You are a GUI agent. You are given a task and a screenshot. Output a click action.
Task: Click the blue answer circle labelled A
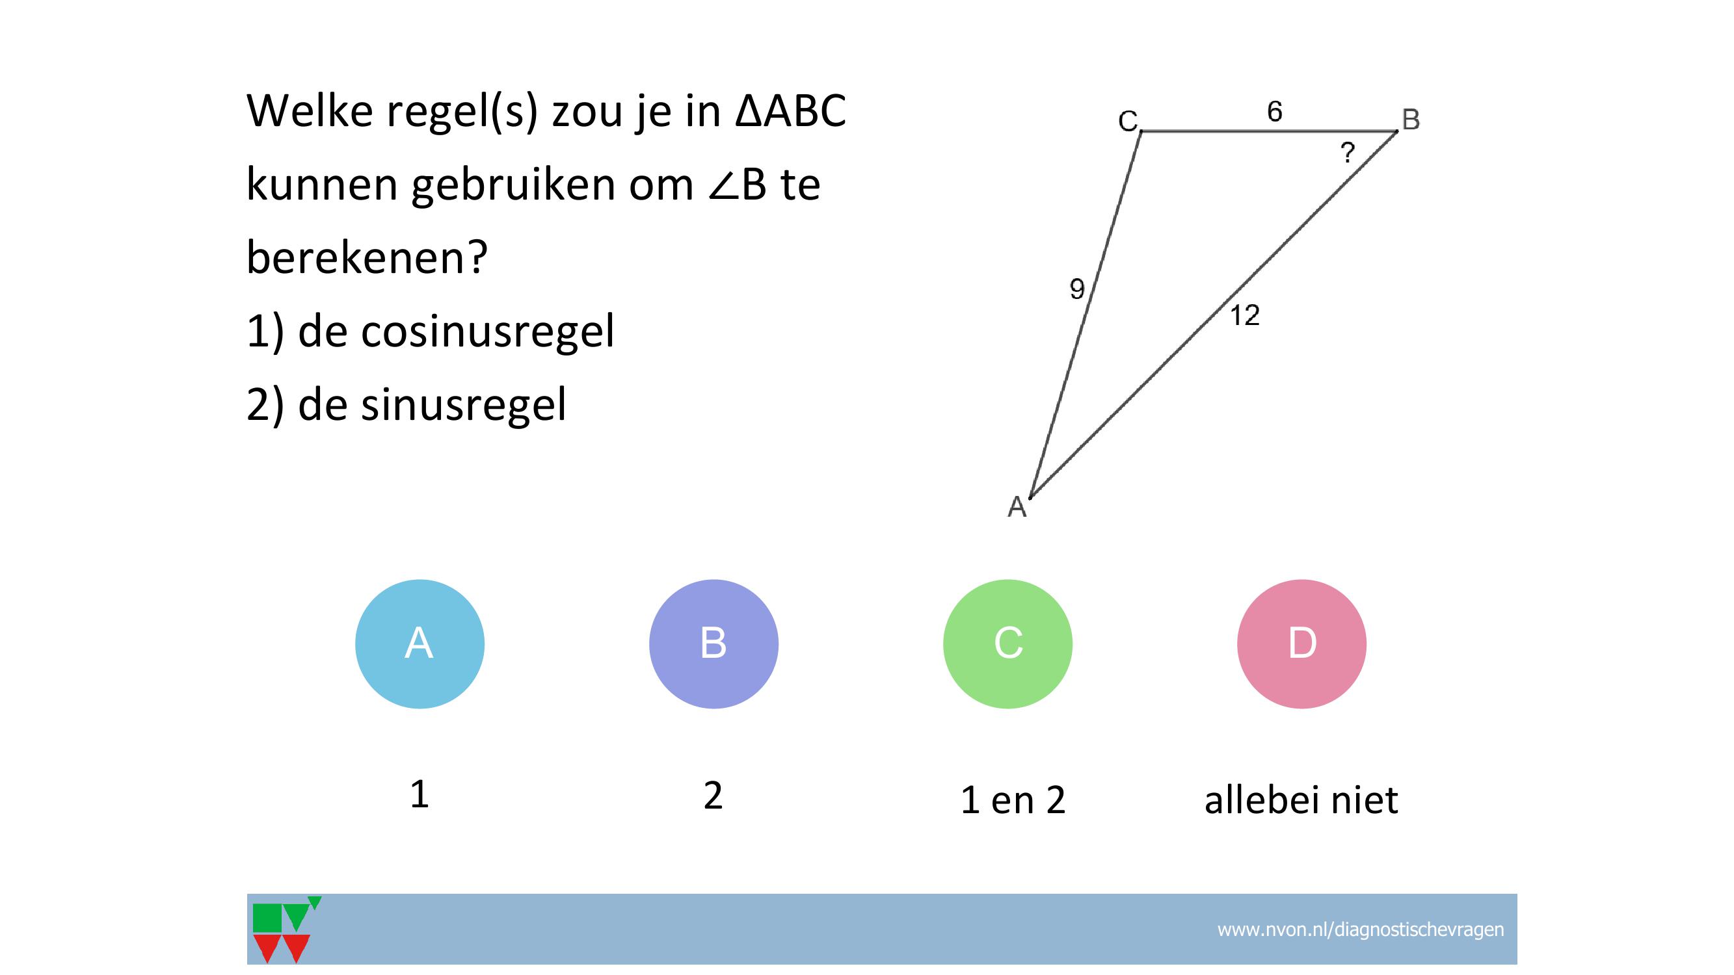click(420, 643)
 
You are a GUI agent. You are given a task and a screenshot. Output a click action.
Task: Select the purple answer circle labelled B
click(714, 643)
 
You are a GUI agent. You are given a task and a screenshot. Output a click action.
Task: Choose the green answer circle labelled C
click(1007, 643)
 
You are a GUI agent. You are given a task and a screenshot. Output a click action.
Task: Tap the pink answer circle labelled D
click(1302, 643)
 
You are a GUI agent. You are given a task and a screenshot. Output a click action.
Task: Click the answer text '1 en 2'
click(1013, 800)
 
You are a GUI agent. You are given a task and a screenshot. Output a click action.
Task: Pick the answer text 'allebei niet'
click(1301, 799)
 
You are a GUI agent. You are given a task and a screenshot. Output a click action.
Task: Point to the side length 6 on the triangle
click(1274, 112)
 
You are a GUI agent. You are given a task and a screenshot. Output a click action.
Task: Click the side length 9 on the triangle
click(1077, 289)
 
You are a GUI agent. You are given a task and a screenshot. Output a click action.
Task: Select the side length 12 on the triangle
click(1245, 315)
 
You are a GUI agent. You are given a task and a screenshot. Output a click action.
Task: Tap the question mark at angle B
click(1347, 153)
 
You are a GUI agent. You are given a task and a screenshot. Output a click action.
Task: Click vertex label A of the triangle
click(1017, 507)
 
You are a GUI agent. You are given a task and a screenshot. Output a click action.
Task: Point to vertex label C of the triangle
click(1128, 121)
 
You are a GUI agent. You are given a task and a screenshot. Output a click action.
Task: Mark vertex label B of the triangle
click(1411, 120)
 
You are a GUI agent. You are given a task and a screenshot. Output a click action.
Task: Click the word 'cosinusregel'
click(488, 331)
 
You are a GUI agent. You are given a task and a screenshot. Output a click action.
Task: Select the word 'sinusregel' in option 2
click(464, 404)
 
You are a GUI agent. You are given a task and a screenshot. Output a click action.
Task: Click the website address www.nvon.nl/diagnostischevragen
click(1361, 929)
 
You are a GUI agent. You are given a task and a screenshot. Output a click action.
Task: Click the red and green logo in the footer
click(286, 929)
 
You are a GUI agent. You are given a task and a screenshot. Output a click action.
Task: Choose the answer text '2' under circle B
click(713, 796)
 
